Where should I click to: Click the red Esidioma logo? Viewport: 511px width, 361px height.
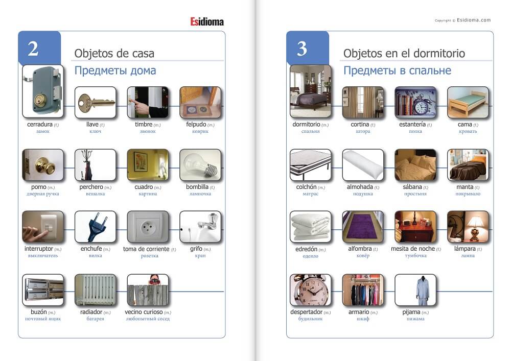(x=207, y=22)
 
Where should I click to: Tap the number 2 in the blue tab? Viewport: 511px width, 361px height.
(x=33, y=49)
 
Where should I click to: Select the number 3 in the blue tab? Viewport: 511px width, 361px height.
(x=302, y=49)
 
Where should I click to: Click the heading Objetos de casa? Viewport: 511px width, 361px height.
(x=114, y=54)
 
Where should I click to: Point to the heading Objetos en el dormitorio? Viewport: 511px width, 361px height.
(x=404, y=54)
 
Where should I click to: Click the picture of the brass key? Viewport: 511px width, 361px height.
(x=95, y=102)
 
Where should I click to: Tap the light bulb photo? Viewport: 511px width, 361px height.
(x=200, y=165)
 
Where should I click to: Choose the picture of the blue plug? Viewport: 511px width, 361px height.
(x=95, y=227)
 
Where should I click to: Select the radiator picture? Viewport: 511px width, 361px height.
(x=95, y=290)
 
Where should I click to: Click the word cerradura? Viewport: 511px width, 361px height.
(x=40, y=125)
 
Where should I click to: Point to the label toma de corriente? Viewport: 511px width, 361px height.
(x=146, y=249)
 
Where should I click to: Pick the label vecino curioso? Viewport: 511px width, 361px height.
(x=144, y=312)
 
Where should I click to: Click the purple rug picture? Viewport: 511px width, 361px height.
(x=363, y=227)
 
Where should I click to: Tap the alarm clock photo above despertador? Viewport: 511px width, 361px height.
(x=310, y=290)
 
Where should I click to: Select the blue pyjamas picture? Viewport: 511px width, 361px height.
(x=415, y=290)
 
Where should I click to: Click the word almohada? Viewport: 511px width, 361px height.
(x=360, y=187)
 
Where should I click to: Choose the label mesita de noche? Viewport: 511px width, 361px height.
(x=413, y=249)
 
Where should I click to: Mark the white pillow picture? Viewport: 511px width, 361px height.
(x=363, y=165)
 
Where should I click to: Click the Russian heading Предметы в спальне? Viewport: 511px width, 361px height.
(x=397, y=70)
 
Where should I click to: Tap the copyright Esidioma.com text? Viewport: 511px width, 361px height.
(x=463, y=20)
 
